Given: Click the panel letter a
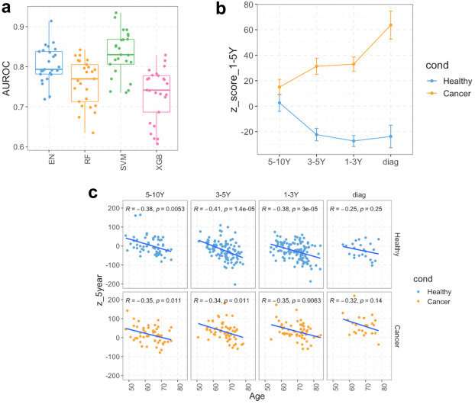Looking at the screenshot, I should [9, 8].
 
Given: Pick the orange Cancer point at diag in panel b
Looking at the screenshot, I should [390, 25].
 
